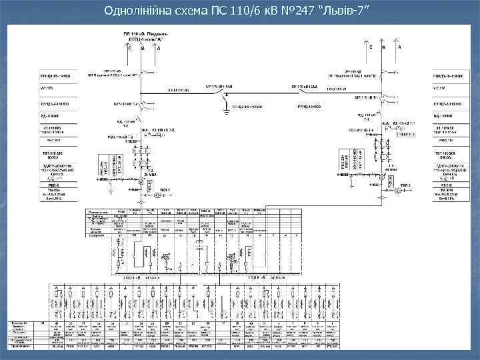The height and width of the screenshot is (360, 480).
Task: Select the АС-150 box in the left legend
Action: click(x=58, y=87)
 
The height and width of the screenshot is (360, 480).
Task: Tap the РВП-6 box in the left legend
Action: click(x=58, y=187)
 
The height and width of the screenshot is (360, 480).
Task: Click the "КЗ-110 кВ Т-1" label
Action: click(x=403, y=125)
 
